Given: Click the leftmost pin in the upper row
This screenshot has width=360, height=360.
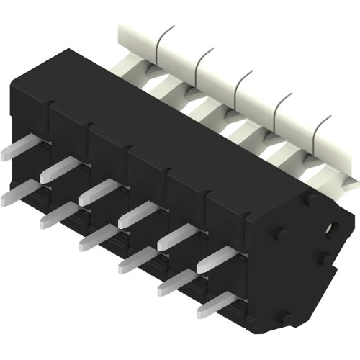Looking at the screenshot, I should coord(16,148).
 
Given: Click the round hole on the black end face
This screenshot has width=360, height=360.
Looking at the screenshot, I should coord(332,230).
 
